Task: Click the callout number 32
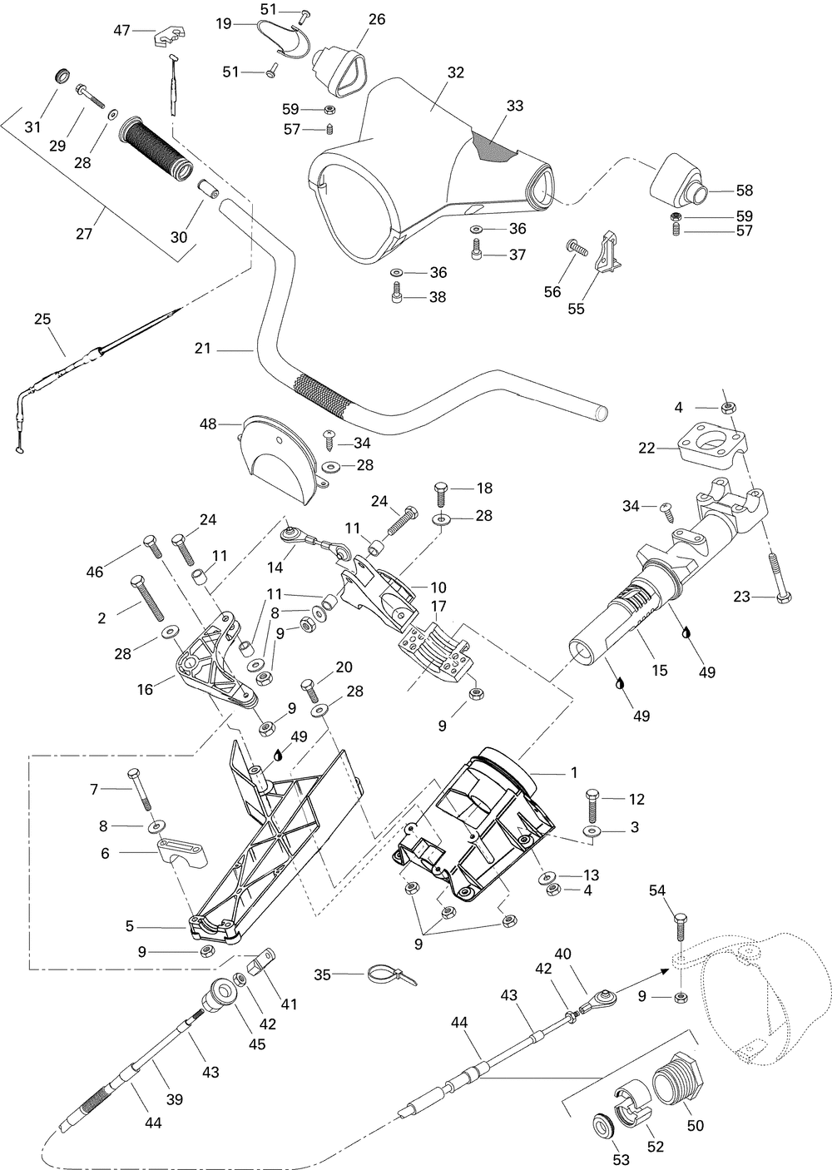click(455, 72)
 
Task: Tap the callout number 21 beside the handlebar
click(203, 348)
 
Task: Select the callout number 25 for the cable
click(42, 319)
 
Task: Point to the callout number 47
click(121, 31)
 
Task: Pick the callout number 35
click(323, 974)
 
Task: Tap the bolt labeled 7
click(138, 793)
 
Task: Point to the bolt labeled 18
click(441, 494)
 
